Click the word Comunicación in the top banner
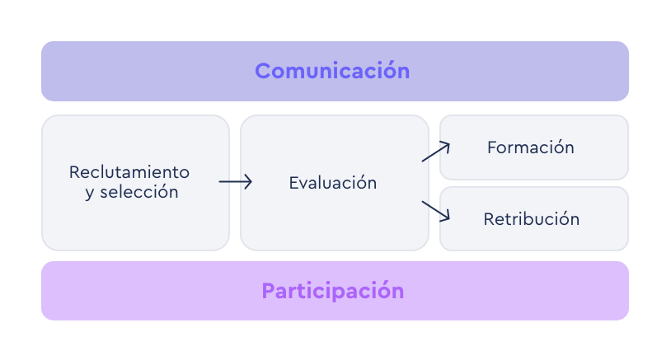pyautogui.click(x=332, y=71)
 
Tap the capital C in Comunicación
pyautogui.click(x=263, y=71)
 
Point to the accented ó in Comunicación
pyautogui.click(x=391, y=71)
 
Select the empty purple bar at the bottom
pyautogui.click(x=335, y=291)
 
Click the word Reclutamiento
pyautogui.click(x=129, y=172)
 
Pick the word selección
pyautogui.click(x=139, y=192)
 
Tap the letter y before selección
pyautogui.click(x=89, y=194)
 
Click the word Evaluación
pyautogui.click(x=332, y=183)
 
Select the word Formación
pyautogui.click(x=530, y=147)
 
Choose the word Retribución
pyautogui.click(x=531, y=219)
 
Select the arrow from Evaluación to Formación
pyautogui.click(x=435, y=152)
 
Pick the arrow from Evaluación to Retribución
pyautogui.click(x=435, y=210)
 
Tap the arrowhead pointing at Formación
pyautogui.click(x=446, y=146)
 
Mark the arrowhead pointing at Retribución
pyautogui.click(x=446, y=217)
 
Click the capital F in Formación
pyautogui.click(x=492, y=147)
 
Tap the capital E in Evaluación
pyautogui.click(x=293, y=183)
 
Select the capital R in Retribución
pyautogui.click(x=488, y=219)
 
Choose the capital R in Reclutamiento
pyautogui.click(x=74, y=172)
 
